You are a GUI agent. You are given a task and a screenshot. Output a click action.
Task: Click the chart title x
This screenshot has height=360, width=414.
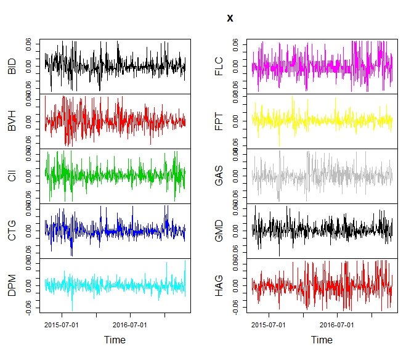230,18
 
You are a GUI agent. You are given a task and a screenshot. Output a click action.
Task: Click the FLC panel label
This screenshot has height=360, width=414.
219,67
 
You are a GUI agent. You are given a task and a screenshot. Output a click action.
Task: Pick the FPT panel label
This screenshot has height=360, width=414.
219,121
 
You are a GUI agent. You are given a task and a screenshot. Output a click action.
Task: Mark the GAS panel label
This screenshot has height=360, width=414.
219,176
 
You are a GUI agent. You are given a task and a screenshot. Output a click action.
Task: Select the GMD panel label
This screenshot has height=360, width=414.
219,231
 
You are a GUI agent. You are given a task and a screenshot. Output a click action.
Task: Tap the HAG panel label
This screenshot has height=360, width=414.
219,286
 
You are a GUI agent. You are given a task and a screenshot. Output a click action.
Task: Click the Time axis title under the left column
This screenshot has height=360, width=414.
115,340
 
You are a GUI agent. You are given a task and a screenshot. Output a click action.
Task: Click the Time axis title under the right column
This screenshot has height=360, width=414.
322,340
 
